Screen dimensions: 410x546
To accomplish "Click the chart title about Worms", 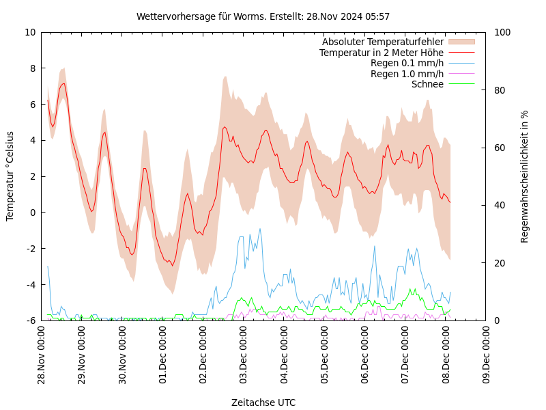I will [263, 16].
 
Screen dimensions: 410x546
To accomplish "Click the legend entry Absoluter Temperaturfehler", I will [382, 42].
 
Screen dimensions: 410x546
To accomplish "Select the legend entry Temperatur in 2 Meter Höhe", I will [381, 53].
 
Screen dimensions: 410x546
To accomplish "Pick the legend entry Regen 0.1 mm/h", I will [407, 64].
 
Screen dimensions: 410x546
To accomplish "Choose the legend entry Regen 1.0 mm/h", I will [407, 74].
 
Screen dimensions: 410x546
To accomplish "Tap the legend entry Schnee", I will [427, 84].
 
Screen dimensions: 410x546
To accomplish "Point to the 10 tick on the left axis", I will [31, 32].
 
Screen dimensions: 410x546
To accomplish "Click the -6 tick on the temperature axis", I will [31, 320].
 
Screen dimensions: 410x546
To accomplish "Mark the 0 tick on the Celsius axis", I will [33, 213].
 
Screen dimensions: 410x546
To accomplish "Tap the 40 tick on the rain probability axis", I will [500, 205].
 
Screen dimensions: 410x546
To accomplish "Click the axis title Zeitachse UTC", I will [263, 402].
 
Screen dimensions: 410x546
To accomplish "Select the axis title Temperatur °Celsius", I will [10, 176].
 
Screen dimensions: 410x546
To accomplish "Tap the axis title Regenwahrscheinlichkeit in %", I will [525, 176].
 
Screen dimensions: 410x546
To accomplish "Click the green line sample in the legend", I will [461, 84].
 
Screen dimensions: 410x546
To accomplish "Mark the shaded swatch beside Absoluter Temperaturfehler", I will [461, 42].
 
